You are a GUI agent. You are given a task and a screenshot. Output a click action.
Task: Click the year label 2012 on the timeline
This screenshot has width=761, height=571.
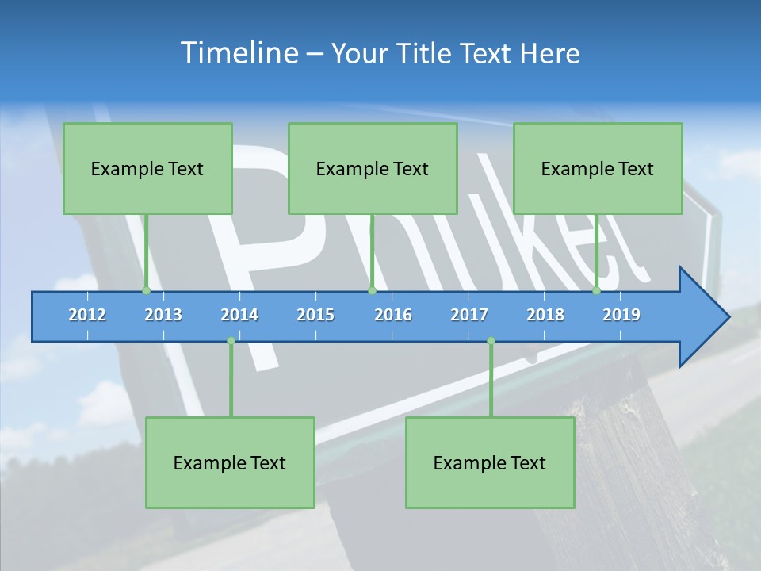point(87,315)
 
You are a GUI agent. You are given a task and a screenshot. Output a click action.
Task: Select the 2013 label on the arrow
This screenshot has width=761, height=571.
point(163,315)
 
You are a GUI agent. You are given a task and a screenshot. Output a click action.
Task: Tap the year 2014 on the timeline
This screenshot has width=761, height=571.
point(239,315)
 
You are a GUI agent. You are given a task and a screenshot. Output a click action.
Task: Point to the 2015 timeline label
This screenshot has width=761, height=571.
point(315,315)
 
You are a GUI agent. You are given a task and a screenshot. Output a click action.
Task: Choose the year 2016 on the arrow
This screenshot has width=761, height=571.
point(393,315)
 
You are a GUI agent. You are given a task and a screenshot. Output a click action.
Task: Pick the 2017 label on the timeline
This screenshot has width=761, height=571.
point(469,315)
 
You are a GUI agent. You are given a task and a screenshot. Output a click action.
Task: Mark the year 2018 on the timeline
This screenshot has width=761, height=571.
point(545,315)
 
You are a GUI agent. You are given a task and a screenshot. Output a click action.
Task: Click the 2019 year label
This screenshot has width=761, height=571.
point(621,315)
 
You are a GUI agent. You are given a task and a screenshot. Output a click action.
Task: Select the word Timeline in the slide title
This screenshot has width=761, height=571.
point(237,53)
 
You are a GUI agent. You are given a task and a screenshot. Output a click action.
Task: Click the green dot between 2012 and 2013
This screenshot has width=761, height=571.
point(146,291)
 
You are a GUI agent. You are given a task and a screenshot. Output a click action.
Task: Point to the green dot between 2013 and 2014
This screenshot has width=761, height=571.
point(231,341)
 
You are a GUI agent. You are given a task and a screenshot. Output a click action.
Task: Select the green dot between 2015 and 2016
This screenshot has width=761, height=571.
point(372,291)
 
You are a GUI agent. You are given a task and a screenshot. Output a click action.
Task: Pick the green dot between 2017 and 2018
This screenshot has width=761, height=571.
point(491,341)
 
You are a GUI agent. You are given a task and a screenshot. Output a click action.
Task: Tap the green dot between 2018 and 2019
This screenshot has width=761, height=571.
point(596,291)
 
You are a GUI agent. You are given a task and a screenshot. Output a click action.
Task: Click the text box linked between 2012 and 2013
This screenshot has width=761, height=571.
point(147,168)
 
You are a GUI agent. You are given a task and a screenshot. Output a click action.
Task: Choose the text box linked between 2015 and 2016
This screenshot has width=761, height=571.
point(373,168)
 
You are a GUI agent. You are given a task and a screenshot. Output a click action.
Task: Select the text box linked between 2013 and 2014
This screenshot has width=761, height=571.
point(230,462)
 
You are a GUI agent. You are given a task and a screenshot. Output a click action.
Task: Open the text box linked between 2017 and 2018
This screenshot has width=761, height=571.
point(490,462)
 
